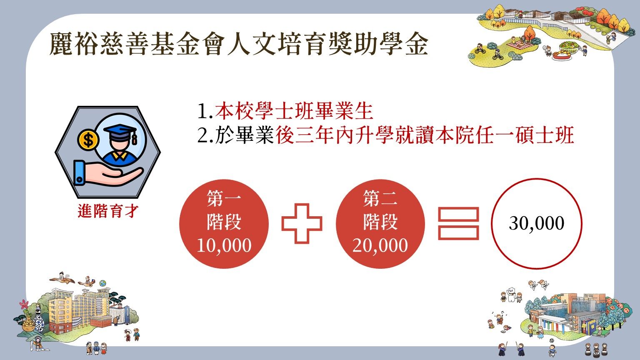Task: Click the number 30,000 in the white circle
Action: pyautogui.click(x=537, y=223)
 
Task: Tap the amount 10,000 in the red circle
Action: pyautogui.click(x=224, y=245)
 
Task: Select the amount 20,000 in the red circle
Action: pyautogui.click(x=380, y=245)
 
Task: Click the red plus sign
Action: pyautogui.click(x=302, y=223)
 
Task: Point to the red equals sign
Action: pyautogui.click(x=458, y=223)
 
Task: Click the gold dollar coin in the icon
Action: pyautogui.click(x=88, y=140)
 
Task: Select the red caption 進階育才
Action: pyautogui.click(x=108, y=211)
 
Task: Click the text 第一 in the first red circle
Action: pyautogui.click(x=224, y=198)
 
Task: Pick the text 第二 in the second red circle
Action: pyautogui.click(x=380, y=198)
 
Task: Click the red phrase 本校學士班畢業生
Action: pyautogui.click(x=294, y=111)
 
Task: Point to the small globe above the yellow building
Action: pyautogui.click(x=103, y=283)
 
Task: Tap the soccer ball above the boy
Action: pyautogui.click(x=552, y=340)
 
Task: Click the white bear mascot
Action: pyautogui.click(x=511, y=296)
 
